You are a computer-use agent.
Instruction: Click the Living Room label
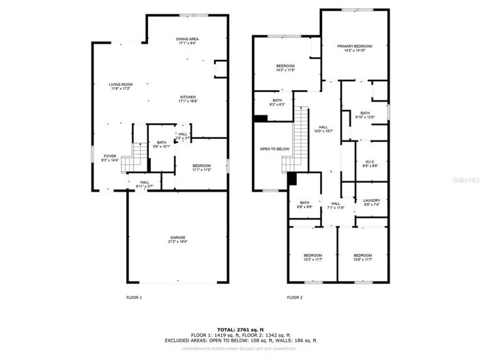(119, 87)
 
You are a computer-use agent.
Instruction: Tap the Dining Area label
(188, 42)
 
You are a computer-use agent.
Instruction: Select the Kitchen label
(188, 99)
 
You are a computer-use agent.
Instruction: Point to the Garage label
(177, 239)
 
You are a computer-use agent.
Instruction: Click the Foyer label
(110, 158)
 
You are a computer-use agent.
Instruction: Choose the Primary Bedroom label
(355, 48)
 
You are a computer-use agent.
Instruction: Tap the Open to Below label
(275, 149)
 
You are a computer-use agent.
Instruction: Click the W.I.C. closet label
(366, 164)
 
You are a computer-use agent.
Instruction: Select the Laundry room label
(372, 202)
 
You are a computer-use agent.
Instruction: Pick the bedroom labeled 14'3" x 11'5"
(285, 68)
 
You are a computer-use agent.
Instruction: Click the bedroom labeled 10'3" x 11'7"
(313, 257)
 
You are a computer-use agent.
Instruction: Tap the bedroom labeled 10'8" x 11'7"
(362, 257)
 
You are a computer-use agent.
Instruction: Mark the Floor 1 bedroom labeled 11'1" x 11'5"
(201, 167)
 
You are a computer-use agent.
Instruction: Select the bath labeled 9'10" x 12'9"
(366, 115)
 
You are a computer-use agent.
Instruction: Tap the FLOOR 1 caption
(134, 298)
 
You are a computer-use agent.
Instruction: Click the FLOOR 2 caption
(294, 298)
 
